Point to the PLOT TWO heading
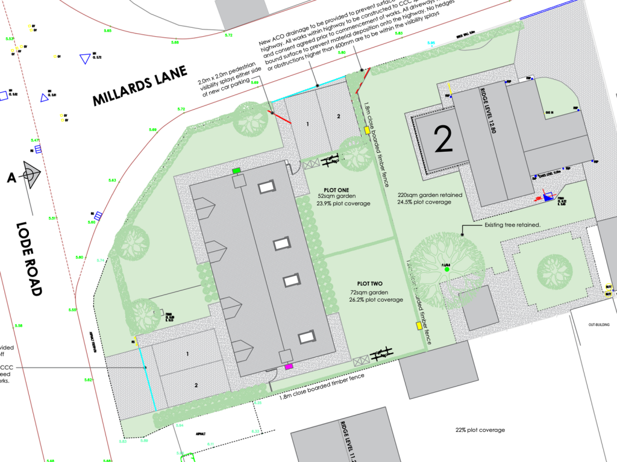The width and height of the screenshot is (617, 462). (371, 283)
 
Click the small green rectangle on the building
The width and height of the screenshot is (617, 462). (237, 171)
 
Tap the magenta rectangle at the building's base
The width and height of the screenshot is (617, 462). (289, 366)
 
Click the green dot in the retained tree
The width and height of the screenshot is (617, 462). (446, 270)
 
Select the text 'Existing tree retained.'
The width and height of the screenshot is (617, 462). (512, 225)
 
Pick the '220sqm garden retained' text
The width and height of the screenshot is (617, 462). (430, 195)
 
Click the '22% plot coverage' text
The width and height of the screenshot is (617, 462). (480, 430)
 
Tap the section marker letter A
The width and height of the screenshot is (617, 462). (11, 177)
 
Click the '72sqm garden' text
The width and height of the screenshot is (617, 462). (368, 292)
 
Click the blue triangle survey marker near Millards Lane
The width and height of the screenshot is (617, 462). (84, 58)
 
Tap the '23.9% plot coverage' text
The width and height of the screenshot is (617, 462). (343, 204)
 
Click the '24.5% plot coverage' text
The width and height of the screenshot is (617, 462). (424, 202)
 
